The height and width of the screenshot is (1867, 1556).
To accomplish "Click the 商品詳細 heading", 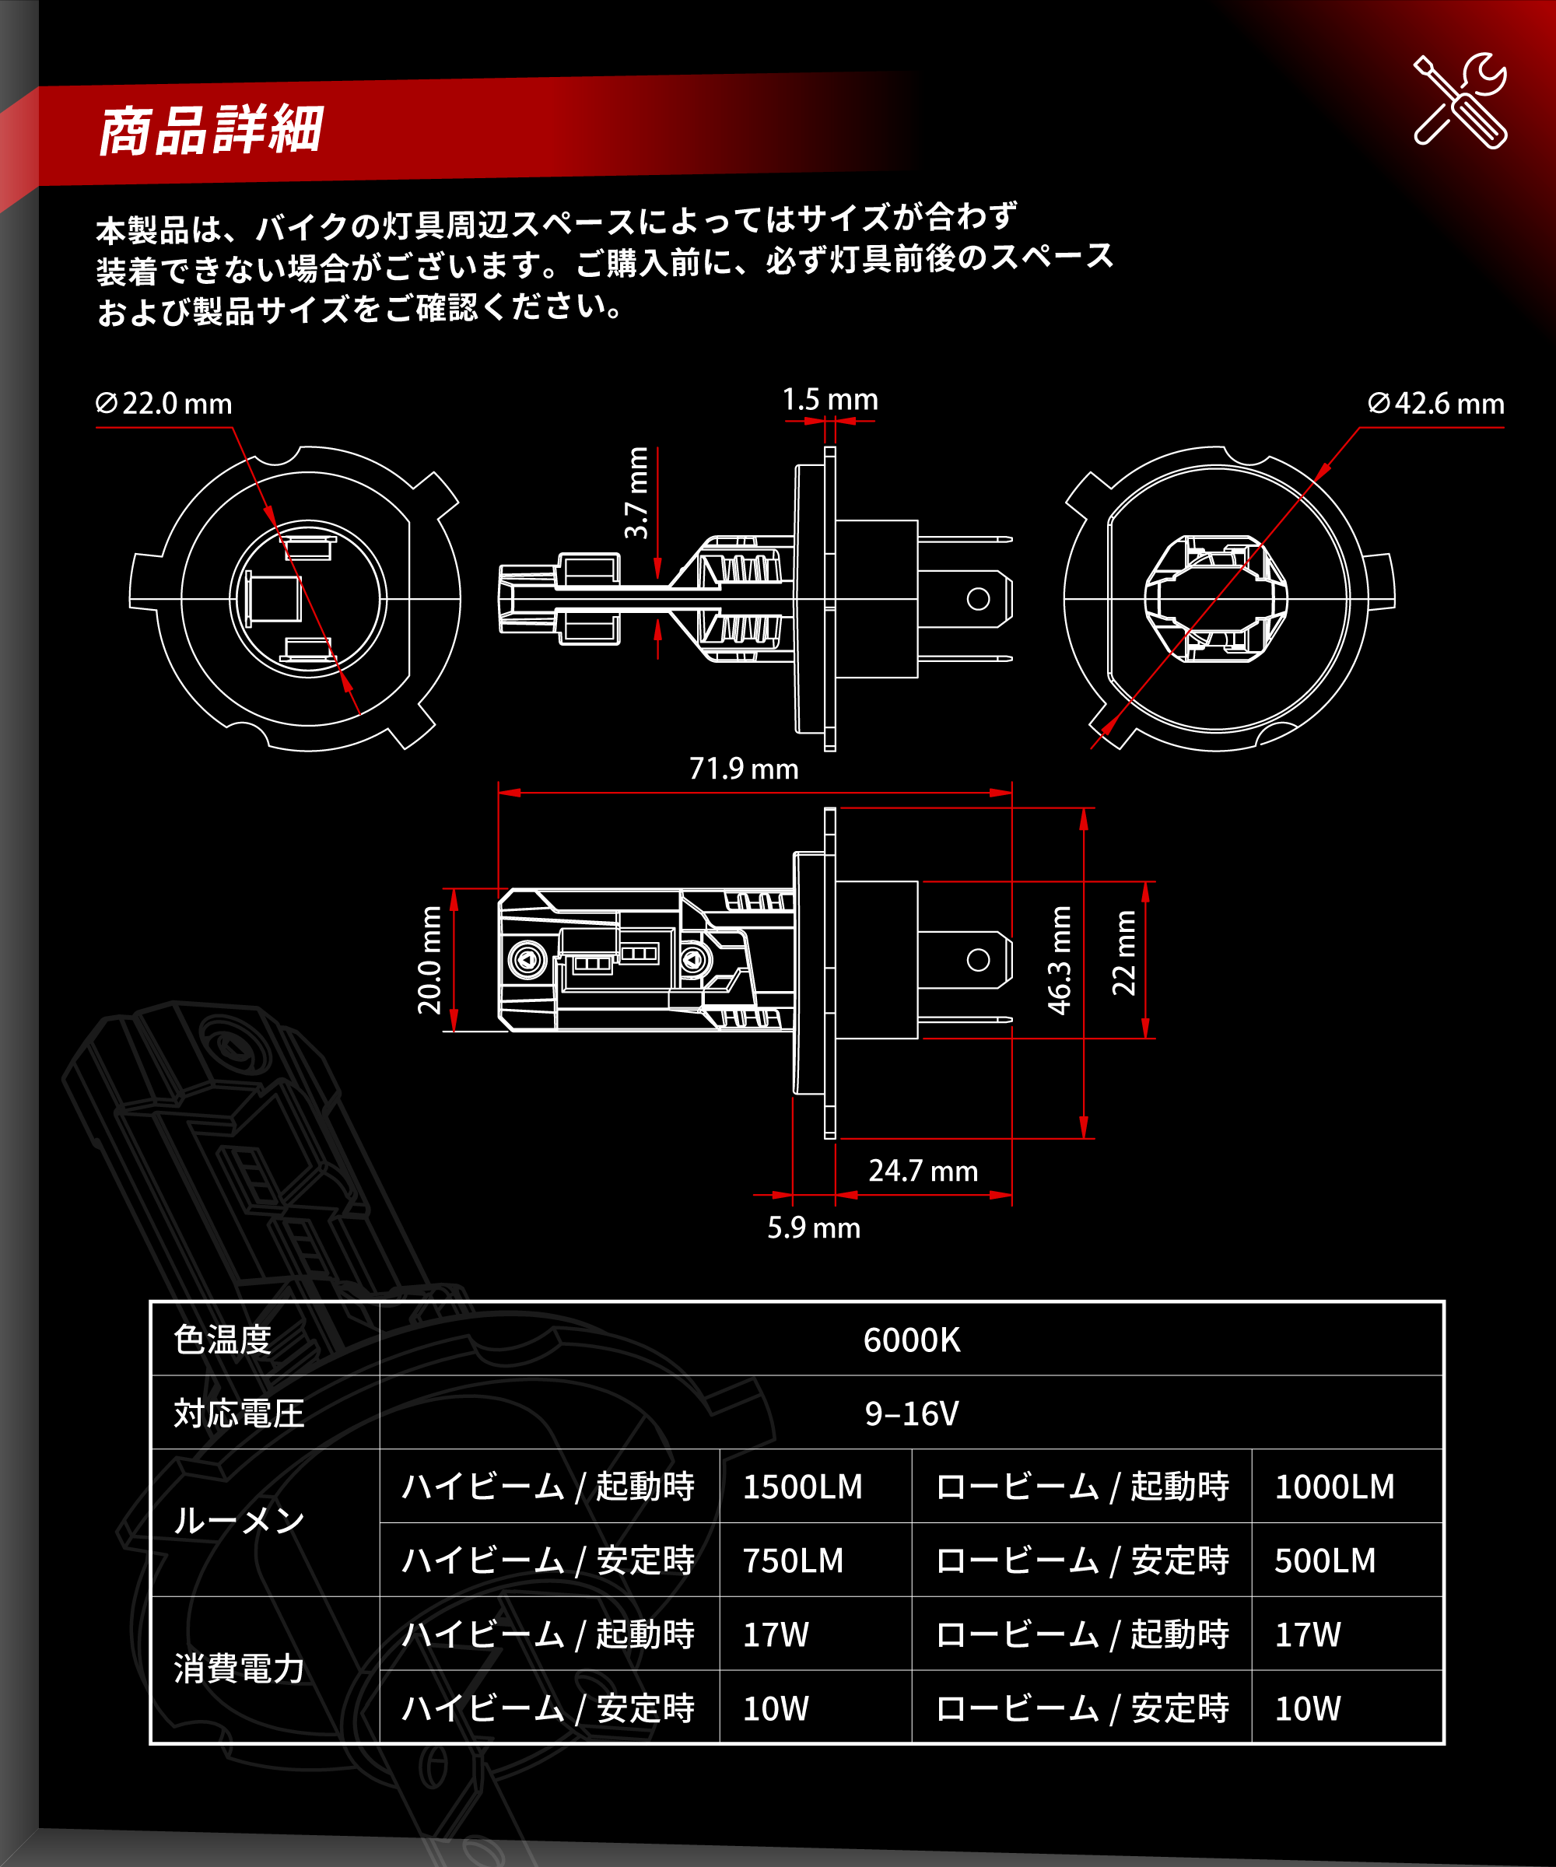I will coord(210,131).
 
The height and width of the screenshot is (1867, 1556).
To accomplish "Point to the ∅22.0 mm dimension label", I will coord(163,404).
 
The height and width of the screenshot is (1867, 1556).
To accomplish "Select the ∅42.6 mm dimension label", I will coord(1435,404).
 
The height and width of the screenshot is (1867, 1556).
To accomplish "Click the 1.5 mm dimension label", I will coord(829,400).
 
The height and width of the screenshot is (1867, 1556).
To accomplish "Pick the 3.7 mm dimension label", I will coord(636,492).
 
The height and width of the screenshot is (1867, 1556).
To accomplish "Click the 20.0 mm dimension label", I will coord(430,960).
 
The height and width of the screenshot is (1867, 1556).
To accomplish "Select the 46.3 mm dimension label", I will coord(1060,960).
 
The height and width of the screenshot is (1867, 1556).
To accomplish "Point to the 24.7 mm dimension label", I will coord(923,1171).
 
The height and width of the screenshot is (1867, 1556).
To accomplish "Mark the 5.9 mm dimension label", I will coord(814,1228).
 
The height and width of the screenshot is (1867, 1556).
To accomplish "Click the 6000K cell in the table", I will coord(911,1340).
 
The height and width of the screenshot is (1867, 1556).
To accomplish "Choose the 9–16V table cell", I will coord(911,1413).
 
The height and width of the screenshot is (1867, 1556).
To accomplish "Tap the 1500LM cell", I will coord(802,1487).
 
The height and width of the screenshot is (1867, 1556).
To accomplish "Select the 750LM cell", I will coord(793,1561).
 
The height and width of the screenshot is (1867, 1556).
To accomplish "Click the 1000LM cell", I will coord(1334,1487).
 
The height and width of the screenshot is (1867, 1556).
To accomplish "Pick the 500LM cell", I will coord(1325,1561).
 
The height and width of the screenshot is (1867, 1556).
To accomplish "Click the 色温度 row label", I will coord(223,1340).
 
